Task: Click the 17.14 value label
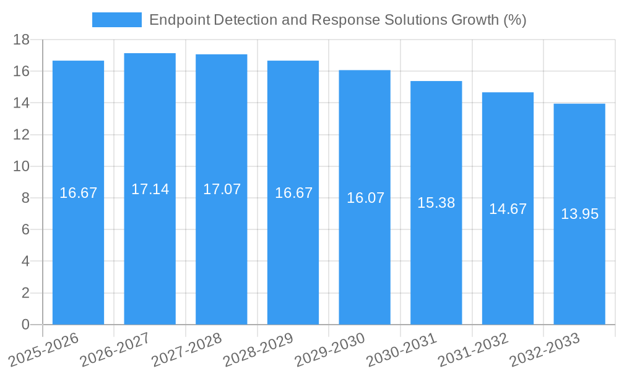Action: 150,189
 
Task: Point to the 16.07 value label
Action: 365,198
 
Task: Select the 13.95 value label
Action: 579,214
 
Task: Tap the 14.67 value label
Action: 508,209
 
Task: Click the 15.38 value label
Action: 436,203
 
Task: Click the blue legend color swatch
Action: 116,20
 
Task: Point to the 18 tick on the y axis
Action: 21,40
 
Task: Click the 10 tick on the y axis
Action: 21,166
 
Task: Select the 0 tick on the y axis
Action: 25,325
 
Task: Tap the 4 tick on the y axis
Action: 25,261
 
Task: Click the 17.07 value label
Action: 222,189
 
